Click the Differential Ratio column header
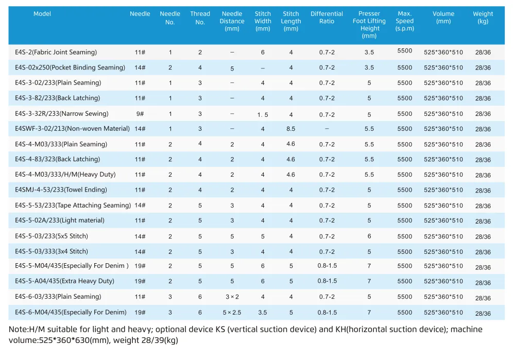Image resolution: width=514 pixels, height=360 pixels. point(327,18)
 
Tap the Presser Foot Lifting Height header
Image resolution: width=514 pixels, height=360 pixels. point(369,25)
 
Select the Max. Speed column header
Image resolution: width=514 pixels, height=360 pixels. point(404,21)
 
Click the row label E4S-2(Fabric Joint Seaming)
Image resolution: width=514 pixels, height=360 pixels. point(56,52)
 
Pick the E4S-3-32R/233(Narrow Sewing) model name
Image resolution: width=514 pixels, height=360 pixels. point(62,114)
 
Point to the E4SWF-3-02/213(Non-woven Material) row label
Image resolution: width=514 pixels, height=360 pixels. point(72,129)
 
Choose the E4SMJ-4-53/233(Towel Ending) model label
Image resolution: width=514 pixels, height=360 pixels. point(61,190)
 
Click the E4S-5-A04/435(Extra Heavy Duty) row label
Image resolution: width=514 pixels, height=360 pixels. point(64,281)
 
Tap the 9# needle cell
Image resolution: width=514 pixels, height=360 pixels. point(140,114)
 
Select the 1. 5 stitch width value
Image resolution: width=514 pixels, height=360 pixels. point(263,115)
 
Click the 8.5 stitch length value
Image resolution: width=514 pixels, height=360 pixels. point(291,129)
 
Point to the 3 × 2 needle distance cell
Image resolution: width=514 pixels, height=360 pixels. point(232,297)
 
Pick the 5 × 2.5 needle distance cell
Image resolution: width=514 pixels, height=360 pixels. point(232,313)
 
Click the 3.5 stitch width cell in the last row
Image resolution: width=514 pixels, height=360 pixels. point(263,313)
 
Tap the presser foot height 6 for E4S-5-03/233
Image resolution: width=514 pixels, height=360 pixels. point(369,236)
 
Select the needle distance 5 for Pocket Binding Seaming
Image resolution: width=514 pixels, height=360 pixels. point(232,68)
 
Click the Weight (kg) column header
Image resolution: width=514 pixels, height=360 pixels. point(483,18)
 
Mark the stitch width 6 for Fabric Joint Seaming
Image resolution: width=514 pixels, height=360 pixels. point(263,52)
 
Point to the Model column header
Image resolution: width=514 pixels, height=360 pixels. point(42,14)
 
